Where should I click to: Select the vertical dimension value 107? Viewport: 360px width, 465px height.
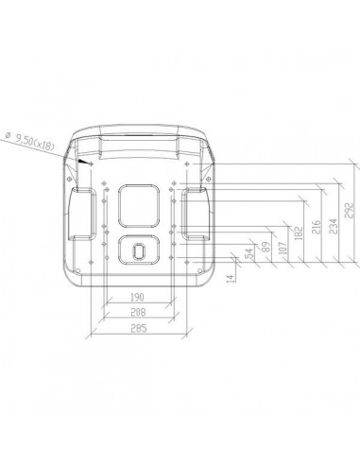tap(283, 242)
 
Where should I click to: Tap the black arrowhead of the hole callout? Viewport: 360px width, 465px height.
tap(84, 163)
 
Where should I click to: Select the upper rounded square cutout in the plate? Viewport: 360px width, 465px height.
tap(140, 204)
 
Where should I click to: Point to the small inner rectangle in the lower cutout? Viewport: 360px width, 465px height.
tap(140, 251)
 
